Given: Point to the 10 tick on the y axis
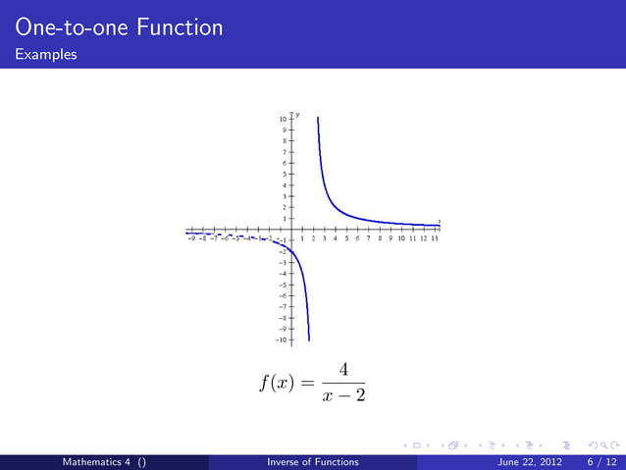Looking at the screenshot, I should tap(284, 119).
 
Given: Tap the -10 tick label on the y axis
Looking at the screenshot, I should tap(282, 339).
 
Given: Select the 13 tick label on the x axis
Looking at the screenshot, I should tap(434, 237).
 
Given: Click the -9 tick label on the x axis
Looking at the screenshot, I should tap(190, 237).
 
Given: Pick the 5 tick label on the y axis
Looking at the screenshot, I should tap(285, 174).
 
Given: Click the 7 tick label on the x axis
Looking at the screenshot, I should tap(369, 237).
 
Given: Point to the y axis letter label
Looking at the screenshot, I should tap(297, 115).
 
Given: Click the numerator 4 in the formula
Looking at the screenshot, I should tap(342, 370).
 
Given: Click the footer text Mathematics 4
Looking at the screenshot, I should tap(98, 461).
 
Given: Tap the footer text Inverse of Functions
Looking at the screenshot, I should tap(312, 461).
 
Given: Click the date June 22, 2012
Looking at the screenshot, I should tap(527, 461).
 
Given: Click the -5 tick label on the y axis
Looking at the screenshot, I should tap(284, 285).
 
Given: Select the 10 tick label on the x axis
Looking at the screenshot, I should tap(401, 237).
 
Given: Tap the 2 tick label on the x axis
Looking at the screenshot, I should tap(314, 237).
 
